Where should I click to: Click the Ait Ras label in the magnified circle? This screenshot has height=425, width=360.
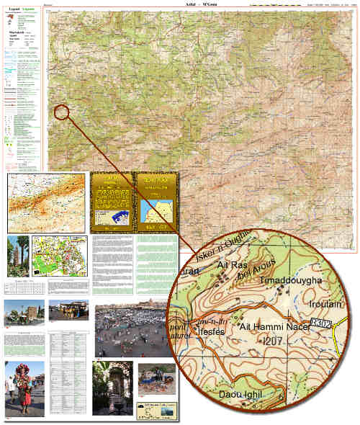[x=232, y=266]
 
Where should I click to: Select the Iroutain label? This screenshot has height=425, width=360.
[x=325, y=305]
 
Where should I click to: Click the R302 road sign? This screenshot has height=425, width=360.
[x=322, y=326]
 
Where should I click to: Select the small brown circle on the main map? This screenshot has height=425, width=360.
[x=61, y=112]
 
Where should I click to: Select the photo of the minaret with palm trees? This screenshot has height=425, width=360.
[x=17, y=256]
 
